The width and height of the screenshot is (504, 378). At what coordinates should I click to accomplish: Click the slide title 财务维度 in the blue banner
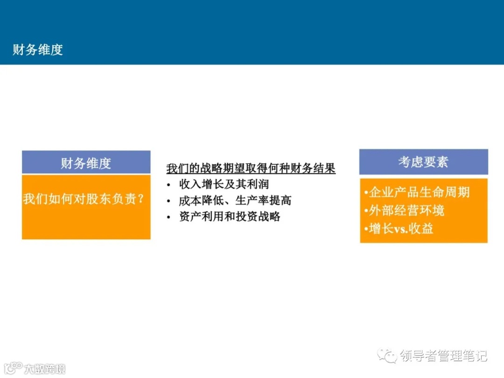38,49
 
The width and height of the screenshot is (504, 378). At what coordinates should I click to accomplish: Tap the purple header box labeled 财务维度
86,163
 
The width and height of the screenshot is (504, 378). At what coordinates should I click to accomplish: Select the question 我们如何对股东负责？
83,199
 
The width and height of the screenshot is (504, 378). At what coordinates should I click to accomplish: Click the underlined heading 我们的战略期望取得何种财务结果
251,168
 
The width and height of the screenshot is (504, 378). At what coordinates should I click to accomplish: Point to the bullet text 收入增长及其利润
224,184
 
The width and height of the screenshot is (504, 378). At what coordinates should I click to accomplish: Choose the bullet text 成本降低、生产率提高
235,200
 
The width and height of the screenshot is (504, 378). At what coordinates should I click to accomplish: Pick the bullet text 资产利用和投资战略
230,217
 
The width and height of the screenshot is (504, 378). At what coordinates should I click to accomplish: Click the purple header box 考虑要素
423,162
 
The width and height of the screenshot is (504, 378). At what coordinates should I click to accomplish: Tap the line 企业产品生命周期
417,192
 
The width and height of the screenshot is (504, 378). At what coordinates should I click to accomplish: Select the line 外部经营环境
404,210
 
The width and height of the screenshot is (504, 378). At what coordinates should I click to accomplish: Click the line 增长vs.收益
399,229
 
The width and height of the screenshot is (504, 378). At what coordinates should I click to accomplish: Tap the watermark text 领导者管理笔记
443,356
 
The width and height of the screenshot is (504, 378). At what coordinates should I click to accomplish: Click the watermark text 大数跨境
45,369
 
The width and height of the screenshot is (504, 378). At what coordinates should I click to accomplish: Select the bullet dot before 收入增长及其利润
169,185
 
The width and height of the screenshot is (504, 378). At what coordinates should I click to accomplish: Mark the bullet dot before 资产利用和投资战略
169,217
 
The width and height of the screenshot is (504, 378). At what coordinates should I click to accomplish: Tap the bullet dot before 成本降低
169,201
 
